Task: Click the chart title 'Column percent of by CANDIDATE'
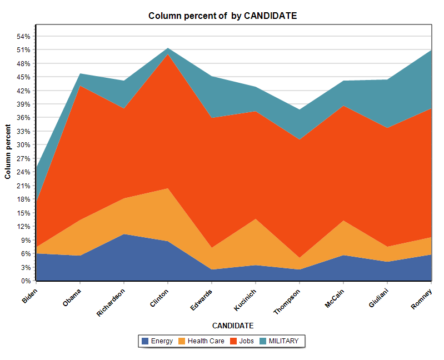[x=222, y=16]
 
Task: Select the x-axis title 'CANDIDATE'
[x=233, y=326]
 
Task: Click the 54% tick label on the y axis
[x=23, y=36]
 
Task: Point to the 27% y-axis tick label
[x=23, y=158]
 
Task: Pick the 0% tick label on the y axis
[x=26, y=281]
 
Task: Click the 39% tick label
[x=23, y=104]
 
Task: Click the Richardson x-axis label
[x=111, y=302]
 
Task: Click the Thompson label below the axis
[x=287, y=301]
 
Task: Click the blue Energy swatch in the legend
[x=145, y=341]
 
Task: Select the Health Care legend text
[x=206, y=341]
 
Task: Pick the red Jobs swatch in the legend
[x=233, y=341]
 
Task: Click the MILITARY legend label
[x=283, y=341]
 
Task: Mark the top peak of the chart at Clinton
[x=167, y=48]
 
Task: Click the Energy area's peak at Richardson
[x=124, y=234]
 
